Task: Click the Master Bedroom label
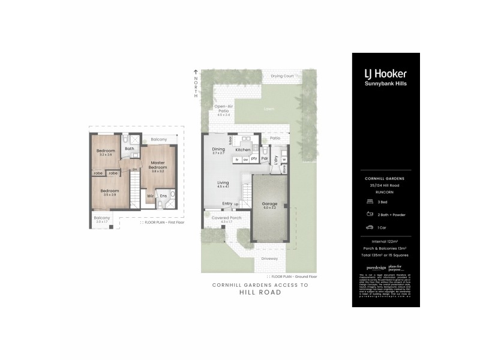click(158, 165)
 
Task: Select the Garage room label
click(269, 204)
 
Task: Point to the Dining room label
click(218, 150)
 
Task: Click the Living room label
click(223, 183)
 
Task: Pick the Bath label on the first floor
click(129, 148)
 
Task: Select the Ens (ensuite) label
click(163, 196)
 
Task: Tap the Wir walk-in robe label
click(150, 196)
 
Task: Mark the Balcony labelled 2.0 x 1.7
click(101, 219)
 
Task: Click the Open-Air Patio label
click(223, 109)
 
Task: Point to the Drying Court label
click(282, 76)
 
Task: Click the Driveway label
click(270, 259)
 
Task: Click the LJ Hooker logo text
click(386, 74)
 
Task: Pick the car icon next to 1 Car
click(367, 227)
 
